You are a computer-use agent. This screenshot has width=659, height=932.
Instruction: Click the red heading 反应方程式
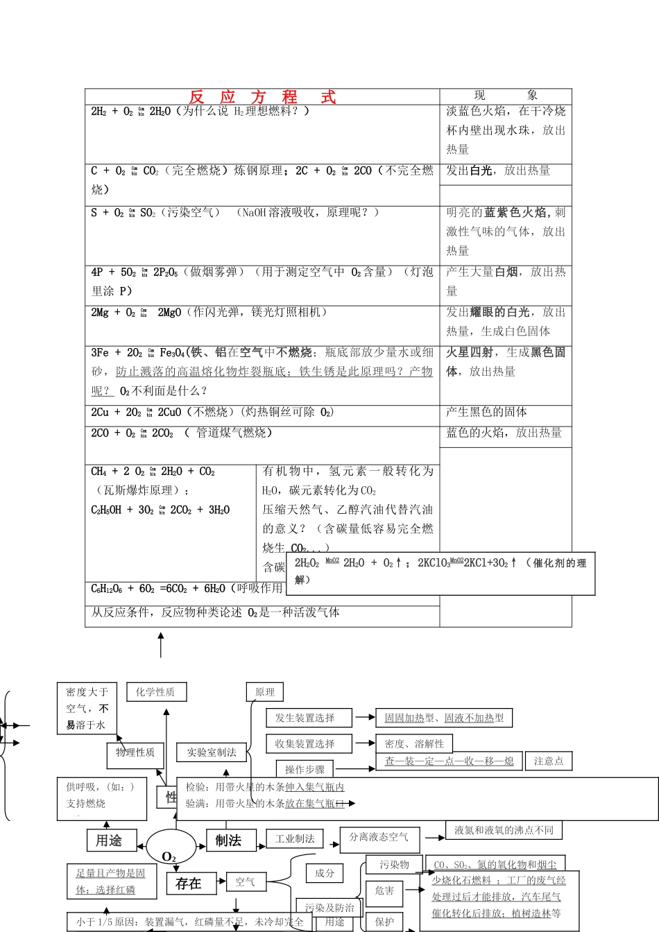(262, 97)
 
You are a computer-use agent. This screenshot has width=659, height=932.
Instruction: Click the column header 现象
(506, 96)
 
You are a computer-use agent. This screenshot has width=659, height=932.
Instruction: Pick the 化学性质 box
(156, 691)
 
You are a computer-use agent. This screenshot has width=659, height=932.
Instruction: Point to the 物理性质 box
(135, 752)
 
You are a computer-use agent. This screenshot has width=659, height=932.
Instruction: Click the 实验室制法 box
(212, 752)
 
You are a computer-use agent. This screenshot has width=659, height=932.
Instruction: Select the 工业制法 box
(295, 839)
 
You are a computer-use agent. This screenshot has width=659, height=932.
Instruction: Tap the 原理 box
(265, 692)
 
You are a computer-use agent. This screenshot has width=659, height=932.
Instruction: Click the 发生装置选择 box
(305, 718)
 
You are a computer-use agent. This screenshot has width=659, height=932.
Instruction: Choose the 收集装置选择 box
(305, 744)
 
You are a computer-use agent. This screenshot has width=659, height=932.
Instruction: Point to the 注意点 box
(549, 761)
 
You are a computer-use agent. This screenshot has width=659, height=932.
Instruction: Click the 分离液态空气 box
(379, 838)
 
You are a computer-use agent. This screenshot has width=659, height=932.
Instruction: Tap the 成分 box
(325, 873)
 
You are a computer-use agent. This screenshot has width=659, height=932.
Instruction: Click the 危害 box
(384, 890)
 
